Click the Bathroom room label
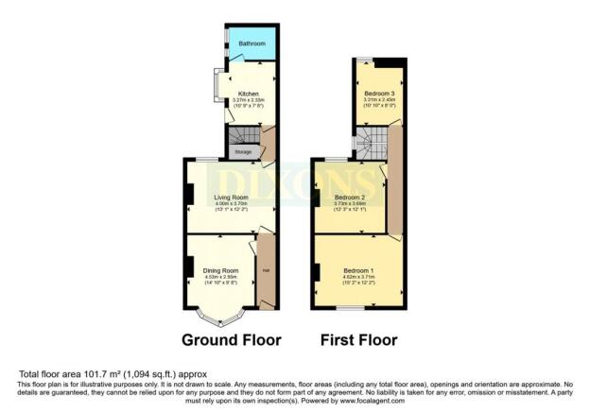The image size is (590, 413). (251, 44)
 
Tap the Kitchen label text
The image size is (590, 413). (248, 94)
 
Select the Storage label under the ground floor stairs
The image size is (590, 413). (243, 149)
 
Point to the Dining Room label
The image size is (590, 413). (220, 270)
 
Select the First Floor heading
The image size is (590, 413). (358, 339)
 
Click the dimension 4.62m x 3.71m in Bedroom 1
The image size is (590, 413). (359, 278)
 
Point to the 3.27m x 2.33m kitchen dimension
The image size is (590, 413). (248, 101)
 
